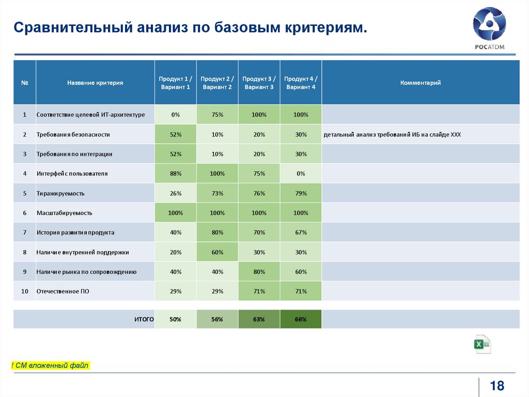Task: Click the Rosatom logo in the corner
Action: [x=489, y=30]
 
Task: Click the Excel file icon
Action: [x=483, y=344]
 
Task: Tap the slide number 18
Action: [x=496, y=385]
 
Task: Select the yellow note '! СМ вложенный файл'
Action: [x=50, y=366]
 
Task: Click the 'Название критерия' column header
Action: [x=95, y=83]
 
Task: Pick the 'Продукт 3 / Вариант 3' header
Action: [x=259, y=83]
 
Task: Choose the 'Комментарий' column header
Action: [x=420, y=83]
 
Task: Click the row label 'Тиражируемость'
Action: [x=60, y=193]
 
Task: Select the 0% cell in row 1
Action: [x=175, y=114]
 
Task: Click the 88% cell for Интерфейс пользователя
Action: [x=175, y=173]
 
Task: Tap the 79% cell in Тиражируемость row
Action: [x=301, y=193]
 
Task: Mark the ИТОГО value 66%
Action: [x=301, y=319]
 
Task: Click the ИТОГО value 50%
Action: [x=175, y=319]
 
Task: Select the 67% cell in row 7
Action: [x=301, y=232]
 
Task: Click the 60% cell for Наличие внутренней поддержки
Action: [x=217, y=252]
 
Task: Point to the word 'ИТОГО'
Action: [x=144, y=319]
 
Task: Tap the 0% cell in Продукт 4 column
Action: [x=301, y=173]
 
